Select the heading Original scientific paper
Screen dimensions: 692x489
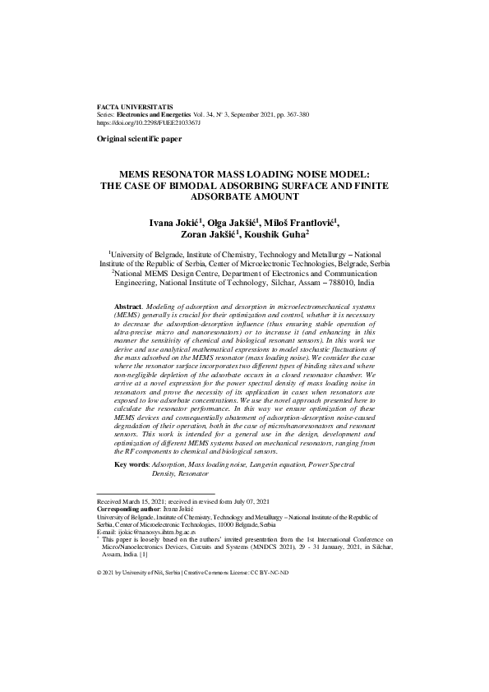(139, 140)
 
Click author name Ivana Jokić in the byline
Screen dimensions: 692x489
(175, 222)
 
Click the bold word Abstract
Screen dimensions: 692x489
(131, 305)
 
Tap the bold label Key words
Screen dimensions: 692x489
(131, 465)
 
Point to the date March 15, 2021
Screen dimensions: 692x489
(149, 501)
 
